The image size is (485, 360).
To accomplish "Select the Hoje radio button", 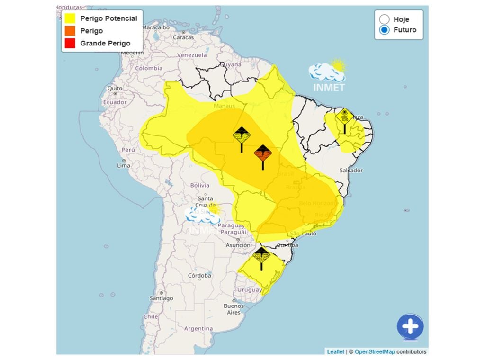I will pos(385,19).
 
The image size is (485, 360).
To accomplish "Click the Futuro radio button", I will pos(385,30).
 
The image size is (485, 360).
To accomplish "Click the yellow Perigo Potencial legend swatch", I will pos(70,18).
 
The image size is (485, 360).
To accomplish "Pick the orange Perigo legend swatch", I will pos(70,31).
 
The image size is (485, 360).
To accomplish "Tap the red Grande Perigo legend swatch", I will pos(70,43).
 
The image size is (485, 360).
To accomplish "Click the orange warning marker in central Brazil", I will pos(263,154).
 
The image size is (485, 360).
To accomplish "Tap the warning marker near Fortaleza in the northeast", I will pos(344,117).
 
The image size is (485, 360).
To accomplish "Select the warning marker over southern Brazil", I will pos(261,256).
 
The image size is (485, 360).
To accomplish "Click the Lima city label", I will pos(124,165).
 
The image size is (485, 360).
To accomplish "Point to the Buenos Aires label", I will pos(234,309).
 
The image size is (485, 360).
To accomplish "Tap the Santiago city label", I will pos(161,298).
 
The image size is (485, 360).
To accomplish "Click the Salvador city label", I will pos(351,170).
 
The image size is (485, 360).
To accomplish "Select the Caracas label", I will pos(183,37).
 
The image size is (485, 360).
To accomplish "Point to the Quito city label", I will pos(115,88).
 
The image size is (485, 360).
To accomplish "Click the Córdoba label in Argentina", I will pos(199,275).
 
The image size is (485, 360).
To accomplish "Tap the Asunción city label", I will pos(238,245).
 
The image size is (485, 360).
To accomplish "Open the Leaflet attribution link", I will pos(335,351).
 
